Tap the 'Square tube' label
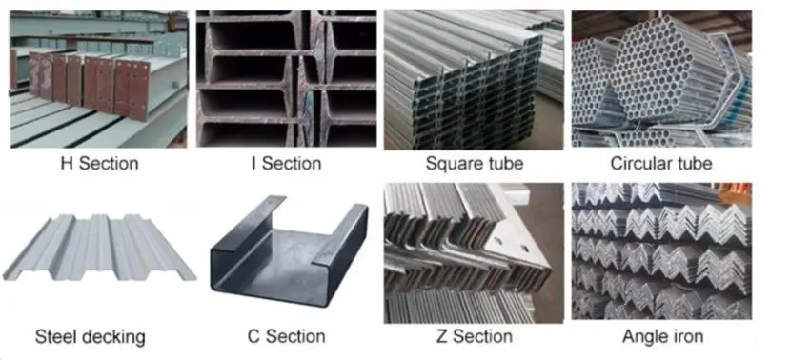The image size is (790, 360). coord(474,164)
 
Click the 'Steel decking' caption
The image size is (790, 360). coord(90,336)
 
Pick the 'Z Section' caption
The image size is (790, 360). coord(468,336)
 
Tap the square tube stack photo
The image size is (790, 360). coord(473,78)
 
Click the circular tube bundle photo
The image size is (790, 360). coord(661,78)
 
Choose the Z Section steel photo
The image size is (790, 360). coord(473,252)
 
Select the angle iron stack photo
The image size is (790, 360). coord(661,252)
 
